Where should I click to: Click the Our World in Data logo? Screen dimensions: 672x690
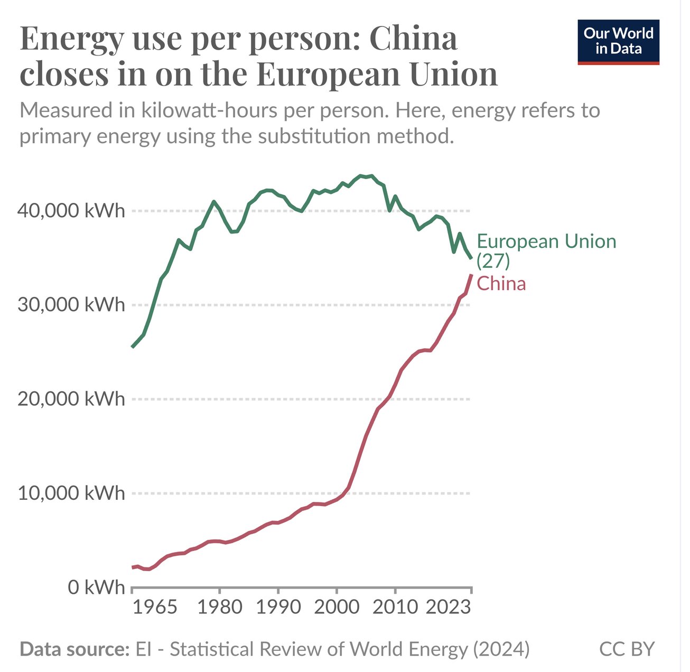pyautogui.click(x=618, y=42)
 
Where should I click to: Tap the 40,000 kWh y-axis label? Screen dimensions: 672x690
pyautogui.click(x=71, y=211)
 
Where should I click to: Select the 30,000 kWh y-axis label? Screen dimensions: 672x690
pyautogui.click(x=71, y=305)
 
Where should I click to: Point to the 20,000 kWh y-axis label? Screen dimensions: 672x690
pyautogui.click(x=71, y=399)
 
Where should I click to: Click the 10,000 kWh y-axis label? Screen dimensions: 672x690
pyautogui.click(x=71, y=493)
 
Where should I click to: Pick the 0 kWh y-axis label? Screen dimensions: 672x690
pyautogui.click(x=96, y=587)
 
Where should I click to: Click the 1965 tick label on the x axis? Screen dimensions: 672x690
pyautogui.click(x=154, y=607)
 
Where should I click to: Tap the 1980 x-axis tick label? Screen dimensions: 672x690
pyautogui.click(x=220, y=607)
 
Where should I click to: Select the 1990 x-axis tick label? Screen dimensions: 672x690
pyautogui.click(x=278, y=607)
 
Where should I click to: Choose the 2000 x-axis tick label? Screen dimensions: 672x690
pyautogui.click(x=337, y=607)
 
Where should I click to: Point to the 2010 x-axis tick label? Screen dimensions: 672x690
pyautogui.click(x=395, y=607)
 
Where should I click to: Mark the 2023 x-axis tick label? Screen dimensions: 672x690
pyautogui.click(x=448, y=607)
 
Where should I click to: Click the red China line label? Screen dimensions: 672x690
pyautogui.click(x=501, y=284)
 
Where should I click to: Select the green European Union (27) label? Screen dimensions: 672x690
pyautogui.click(x=546, y=250)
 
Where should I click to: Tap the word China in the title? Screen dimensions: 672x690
pyautogui.click(x=413, y=39)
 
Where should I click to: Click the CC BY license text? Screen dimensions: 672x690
pyautogui.click(x=627, y=649)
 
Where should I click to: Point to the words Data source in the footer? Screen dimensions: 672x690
pyautogui.click(x=74, y=649)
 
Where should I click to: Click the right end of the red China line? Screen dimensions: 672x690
pyautogui.click(x=471, y=275)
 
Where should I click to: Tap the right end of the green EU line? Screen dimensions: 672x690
pyautogui.click(x=471, y=258)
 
